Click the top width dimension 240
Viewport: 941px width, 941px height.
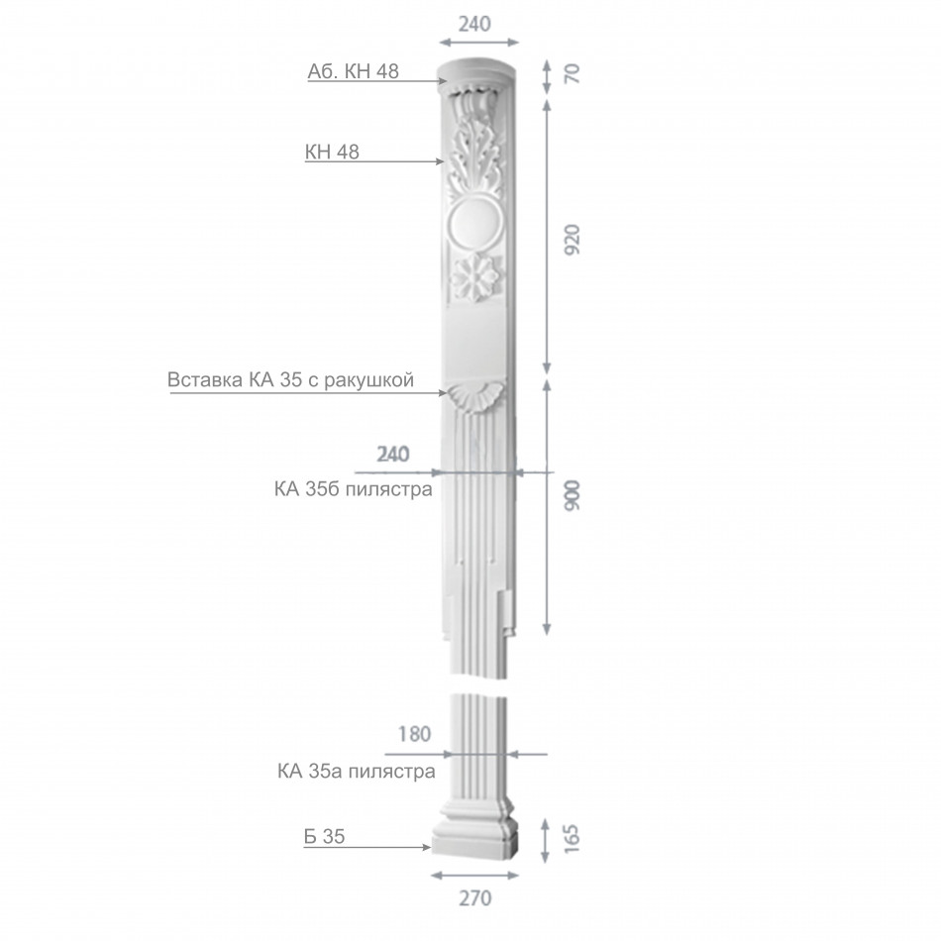474,24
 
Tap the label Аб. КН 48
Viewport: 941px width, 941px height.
353,71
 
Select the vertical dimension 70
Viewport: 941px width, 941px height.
573,73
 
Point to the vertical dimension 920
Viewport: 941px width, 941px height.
573,240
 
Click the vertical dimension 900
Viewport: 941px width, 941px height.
573,495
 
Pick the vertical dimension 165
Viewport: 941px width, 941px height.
572,839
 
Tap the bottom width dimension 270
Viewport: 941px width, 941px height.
475,898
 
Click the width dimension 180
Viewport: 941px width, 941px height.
415,734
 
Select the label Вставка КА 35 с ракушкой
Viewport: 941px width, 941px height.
290,380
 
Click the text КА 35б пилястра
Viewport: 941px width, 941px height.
354,489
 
